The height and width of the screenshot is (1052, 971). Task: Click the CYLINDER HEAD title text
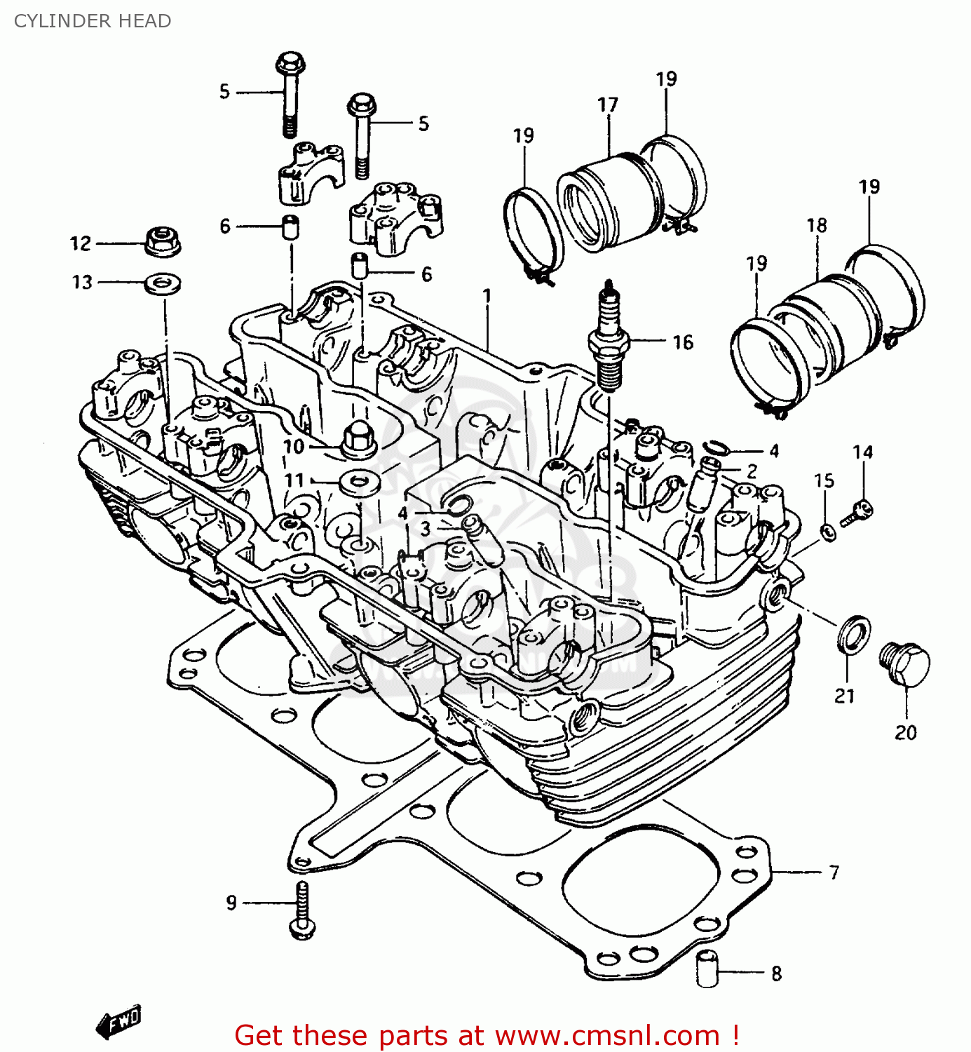[93, 21]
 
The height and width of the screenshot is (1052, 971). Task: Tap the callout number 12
[81, 243]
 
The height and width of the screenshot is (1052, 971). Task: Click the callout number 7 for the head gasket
[834, 872]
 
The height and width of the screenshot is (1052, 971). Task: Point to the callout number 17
[608, 105]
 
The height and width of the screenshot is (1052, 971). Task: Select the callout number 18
[817, 225]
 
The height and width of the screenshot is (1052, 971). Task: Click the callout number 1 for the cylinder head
[487, 296]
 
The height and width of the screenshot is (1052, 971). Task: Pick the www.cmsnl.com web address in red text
[609, 1036]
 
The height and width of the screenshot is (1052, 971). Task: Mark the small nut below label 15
[827, 533]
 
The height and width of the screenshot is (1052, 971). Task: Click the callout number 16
[683, 342]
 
